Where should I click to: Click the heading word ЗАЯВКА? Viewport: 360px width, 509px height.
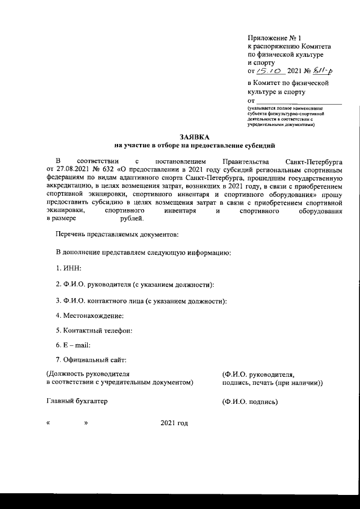click(x=194, y=137)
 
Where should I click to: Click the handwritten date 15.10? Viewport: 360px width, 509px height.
click(x=269, y=71)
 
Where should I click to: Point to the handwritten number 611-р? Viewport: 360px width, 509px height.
click(x=322, y=71)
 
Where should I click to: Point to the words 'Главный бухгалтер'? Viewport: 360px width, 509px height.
click(x=76, y=402)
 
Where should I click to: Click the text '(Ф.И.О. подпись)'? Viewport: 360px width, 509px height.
click(x=250, y=402)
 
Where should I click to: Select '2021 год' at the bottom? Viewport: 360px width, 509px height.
click(x=174, y=423)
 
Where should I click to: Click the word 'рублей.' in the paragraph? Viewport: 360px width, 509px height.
click(x=132, y=218)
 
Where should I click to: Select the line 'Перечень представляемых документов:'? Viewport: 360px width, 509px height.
click(x=117, y=233)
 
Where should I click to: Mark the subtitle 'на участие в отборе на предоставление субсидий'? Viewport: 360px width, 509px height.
click(x=194, y=145)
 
